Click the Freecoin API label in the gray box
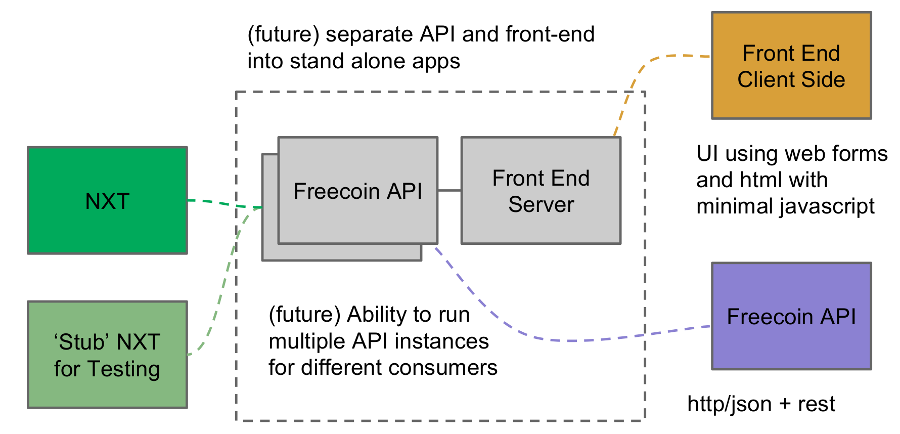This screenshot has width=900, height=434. click(x=357, y=191)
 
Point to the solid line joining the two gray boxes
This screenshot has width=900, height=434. click(x=449, y=190)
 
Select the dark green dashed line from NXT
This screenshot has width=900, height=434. click(x=222, y=203)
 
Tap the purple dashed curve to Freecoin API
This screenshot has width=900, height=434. click(x=556, y=340)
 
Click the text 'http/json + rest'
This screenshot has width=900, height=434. click(x=761, y=404)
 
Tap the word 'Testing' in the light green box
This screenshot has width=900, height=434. click(x=124, y=369)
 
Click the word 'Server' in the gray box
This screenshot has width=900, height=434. click(x=541, y=204)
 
